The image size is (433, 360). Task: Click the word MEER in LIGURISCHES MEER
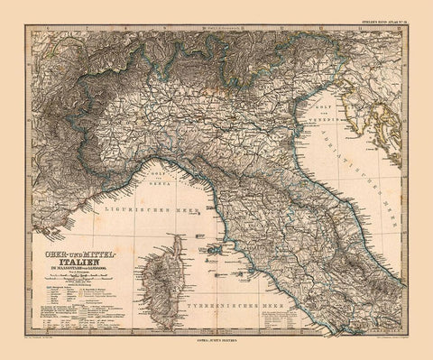pyautogui.click(x=124, y=216)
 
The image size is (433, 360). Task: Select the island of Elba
pyautogui.click(x=204, y=244)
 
